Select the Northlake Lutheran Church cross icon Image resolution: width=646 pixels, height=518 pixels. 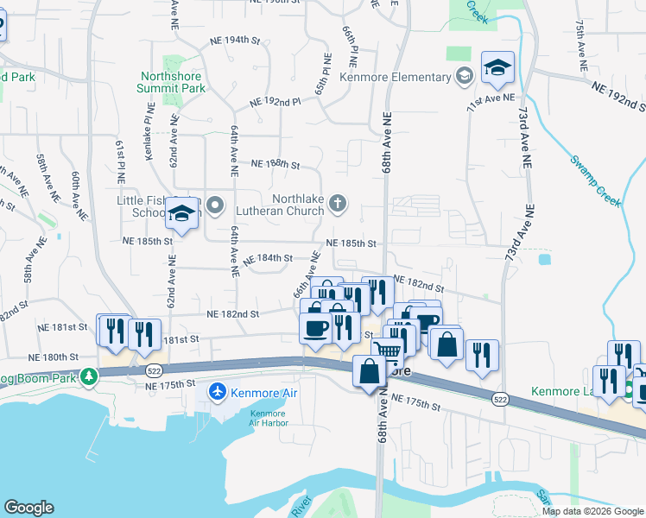coord(338,204)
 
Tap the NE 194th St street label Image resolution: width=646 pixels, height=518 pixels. coord(235,41)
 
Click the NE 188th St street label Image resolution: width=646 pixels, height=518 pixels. coord(275,163)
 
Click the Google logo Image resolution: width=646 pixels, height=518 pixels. coord(28,508)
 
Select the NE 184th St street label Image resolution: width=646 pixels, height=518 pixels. coord(269,258)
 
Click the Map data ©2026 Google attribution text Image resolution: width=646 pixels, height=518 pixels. coord(592,511)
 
